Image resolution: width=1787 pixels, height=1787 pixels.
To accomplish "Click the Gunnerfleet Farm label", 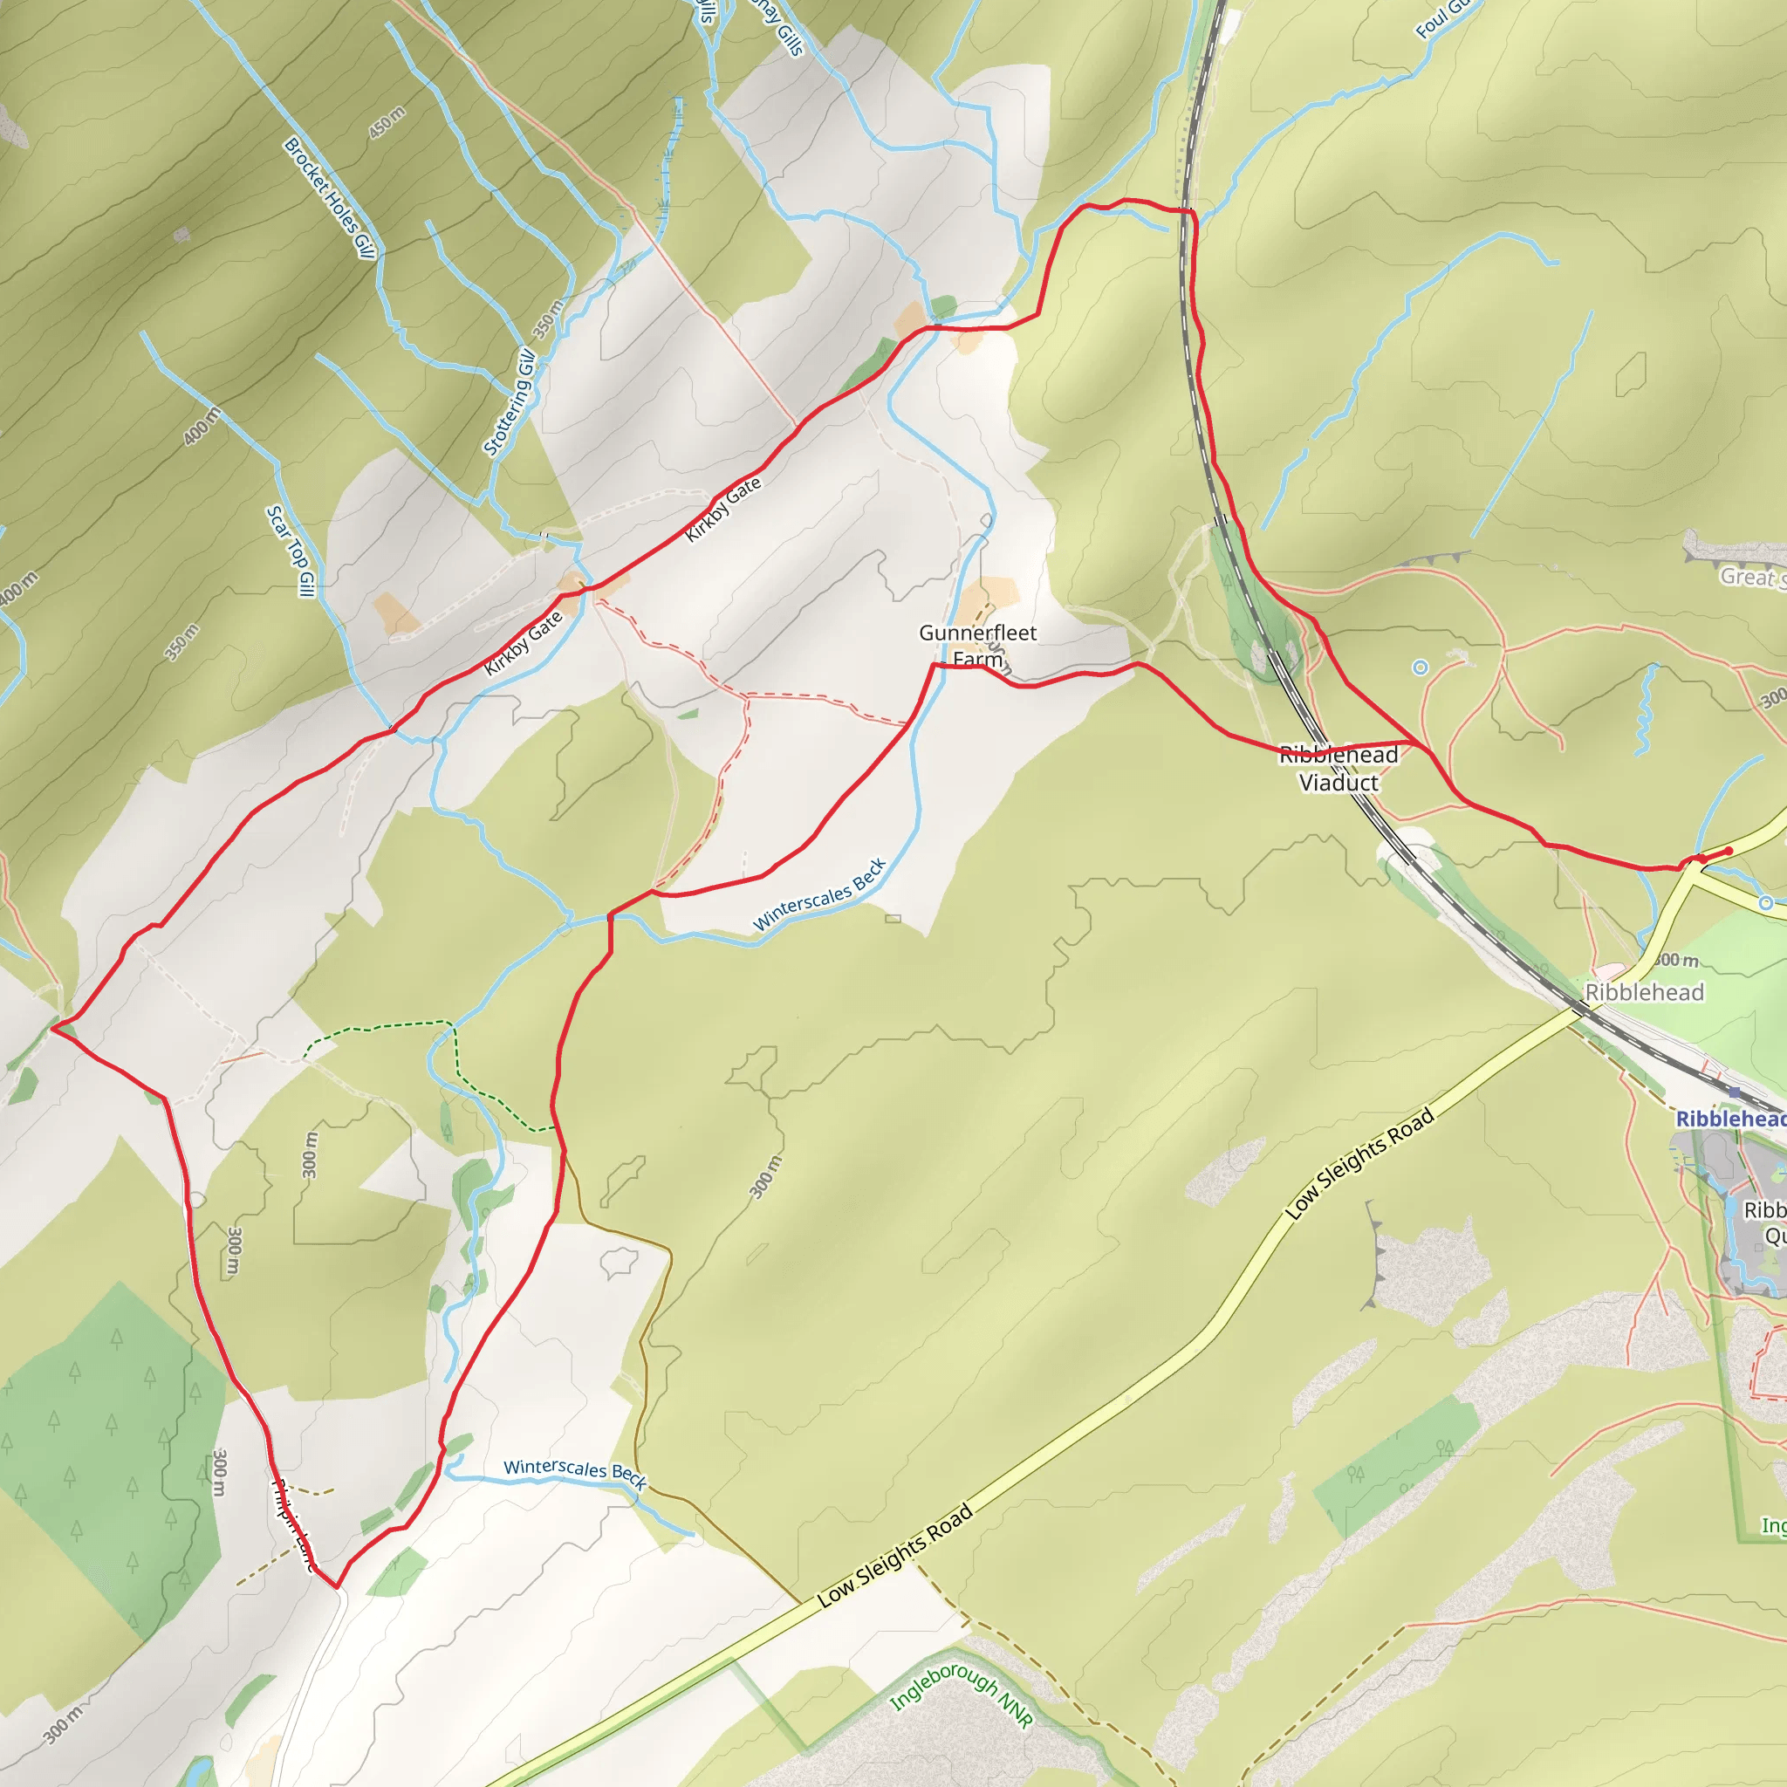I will [977, 646].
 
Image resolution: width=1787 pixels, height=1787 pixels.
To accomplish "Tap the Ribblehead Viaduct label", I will [1339, 769].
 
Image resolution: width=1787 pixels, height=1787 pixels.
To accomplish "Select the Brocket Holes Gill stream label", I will [330, 198].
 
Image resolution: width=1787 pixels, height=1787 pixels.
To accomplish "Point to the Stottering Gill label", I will [510, 402].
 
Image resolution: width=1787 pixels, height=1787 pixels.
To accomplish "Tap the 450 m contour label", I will [387, 123].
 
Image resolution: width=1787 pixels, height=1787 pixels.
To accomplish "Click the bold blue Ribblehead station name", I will [1730, 1119].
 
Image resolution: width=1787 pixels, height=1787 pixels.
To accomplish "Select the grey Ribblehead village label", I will [1644, 992].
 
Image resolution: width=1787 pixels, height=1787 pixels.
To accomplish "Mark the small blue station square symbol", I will [1735, 1092].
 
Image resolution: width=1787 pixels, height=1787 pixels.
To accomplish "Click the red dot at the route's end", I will [1729, 851].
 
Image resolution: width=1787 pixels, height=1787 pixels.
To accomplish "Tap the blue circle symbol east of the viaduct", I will [1421, 667].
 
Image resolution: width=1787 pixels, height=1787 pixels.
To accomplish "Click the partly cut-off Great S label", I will [1751, 577].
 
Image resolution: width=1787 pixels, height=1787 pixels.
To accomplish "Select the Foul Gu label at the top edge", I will [1444, 18].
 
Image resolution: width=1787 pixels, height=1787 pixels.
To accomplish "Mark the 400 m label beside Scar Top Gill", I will [202, 426].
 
